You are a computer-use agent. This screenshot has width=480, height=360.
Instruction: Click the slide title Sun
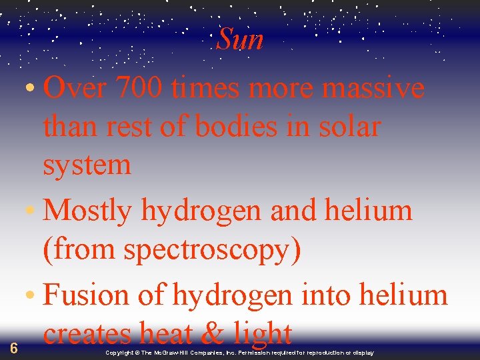click(x=240, y=40)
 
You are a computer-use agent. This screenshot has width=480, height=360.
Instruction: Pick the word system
click(x=87, y=165)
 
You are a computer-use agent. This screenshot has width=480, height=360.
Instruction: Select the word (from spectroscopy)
click(x=172, y=250)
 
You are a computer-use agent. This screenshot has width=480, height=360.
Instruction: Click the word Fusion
click(x=91, y=295)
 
